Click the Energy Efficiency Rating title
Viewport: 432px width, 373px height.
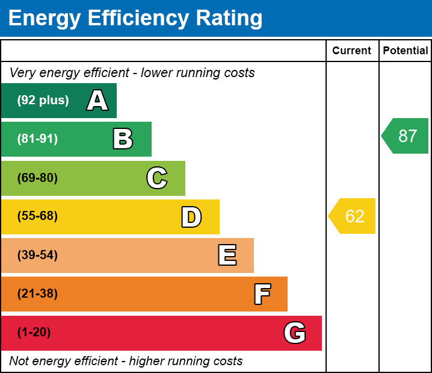point(135,18)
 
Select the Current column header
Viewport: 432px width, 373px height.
point(352,51)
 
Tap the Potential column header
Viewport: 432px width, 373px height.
point(406,51)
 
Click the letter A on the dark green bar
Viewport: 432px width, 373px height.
point(97,101)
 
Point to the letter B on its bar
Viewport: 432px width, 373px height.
point(123,139)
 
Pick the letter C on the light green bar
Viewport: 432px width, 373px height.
point(157,178)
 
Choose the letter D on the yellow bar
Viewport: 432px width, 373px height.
point(191,217)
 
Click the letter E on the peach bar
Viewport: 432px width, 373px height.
point(227,255)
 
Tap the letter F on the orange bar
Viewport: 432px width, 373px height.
point(262,294)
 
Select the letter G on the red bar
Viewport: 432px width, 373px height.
point(295,333)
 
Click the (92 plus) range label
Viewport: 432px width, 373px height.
point(43,101)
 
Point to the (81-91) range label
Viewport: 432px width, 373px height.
point(37,139)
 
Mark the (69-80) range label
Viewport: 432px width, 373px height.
point(37,178)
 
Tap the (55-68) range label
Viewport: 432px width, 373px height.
point(37,216)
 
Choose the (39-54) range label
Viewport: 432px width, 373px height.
point(37,255)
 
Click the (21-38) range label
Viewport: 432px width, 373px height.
point(37,294)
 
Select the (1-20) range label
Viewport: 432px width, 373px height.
point(34,333)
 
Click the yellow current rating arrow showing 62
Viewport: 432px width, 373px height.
point(353,216)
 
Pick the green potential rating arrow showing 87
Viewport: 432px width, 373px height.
point(406,136)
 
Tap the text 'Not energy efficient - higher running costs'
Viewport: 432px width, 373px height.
point(126,362)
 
